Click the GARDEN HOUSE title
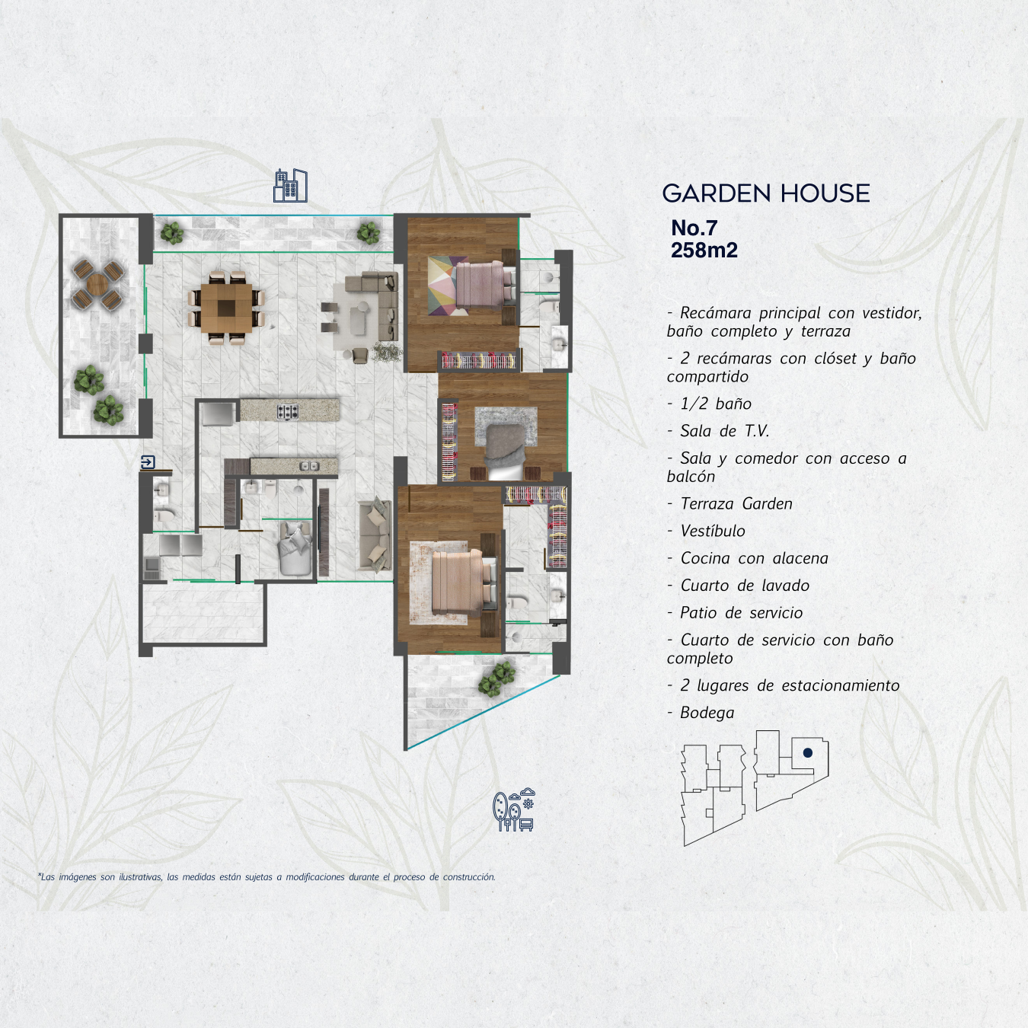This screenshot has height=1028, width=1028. pos(765,193)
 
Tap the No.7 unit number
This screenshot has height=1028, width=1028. pos(694,228)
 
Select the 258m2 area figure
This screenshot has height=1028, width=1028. pos(704,251)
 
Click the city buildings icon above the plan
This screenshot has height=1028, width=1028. pos(290,186)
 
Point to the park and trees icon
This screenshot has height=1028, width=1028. pos(513,810)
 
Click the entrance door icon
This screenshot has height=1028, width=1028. pos(148,462)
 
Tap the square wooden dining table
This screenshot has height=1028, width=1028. pos(227,308)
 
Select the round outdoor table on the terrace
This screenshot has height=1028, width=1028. pos(97,283)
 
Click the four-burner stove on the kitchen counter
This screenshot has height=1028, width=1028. pos(288,412)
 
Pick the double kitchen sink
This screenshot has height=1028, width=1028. pos(309,467)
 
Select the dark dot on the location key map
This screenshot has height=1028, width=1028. pos(807,753)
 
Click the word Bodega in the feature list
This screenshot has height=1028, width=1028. pos(707,713)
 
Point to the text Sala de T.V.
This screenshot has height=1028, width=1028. pos(724,431)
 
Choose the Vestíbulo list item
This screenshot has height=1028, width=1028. pos(712,531)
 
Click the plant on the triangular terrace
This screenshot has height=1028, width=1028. pos(497,680)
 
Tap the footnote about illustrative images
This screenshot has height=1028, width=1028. pos(267,877)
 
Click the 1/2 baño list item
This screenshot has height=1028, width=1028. pos(715,404)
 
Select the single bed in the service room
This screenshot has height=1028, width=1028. pos(295,548)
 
